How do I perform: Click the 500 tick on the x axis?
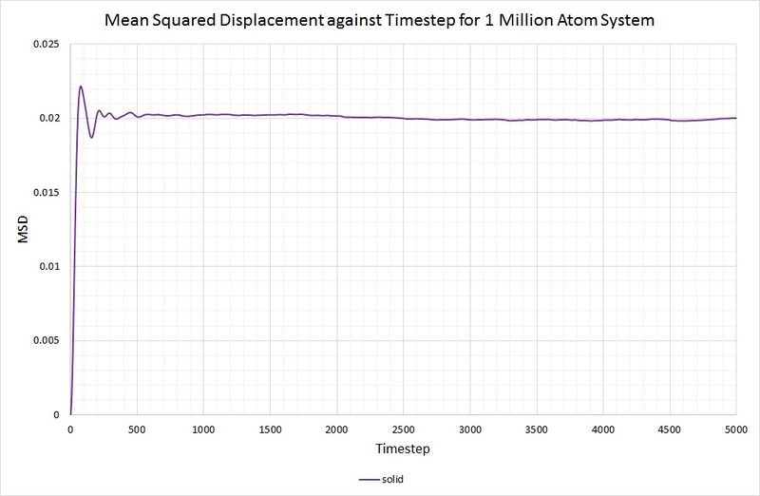click(x=137, y=429)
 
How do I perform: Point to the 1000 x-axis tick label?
click(x=203, y=429)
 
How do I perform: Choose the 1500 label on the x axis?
click(x=270, y=429)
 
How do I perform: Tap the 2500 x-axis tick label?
click(x=403, y=429)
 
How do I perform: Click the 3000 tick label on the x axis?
click(x=469, y=429)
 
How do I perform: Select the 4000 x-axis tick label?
click(x=602, y=429)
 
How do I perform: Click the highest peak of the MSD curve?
click(x=81, y=86)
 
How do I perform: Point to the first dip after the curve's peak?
click(x=91, y=138)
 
